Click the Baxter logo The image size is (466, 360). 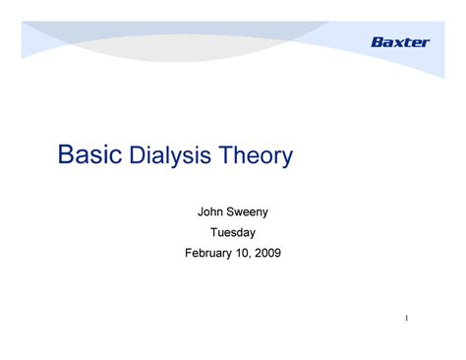pos(400,41)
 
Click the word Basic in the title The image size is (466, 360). pos(91,154)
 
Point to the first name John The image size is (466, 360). pos(213,210)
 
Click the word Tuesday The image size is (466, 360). pos(233,232)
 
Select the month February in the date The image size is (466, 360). pos(210,254)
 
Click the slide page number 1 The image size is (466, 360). pos(405,320)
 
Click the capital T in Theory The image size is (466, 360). pos(228,155)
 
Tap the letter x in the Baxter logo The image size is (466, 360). pos(397,41)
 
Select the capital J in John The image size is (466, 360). pos(202,210)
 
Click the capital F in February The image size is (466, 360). pos(188,254)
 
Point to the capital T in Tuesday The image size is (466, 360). pos(214,232)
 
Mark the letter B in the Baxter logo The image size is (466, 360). pos(376,41)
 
